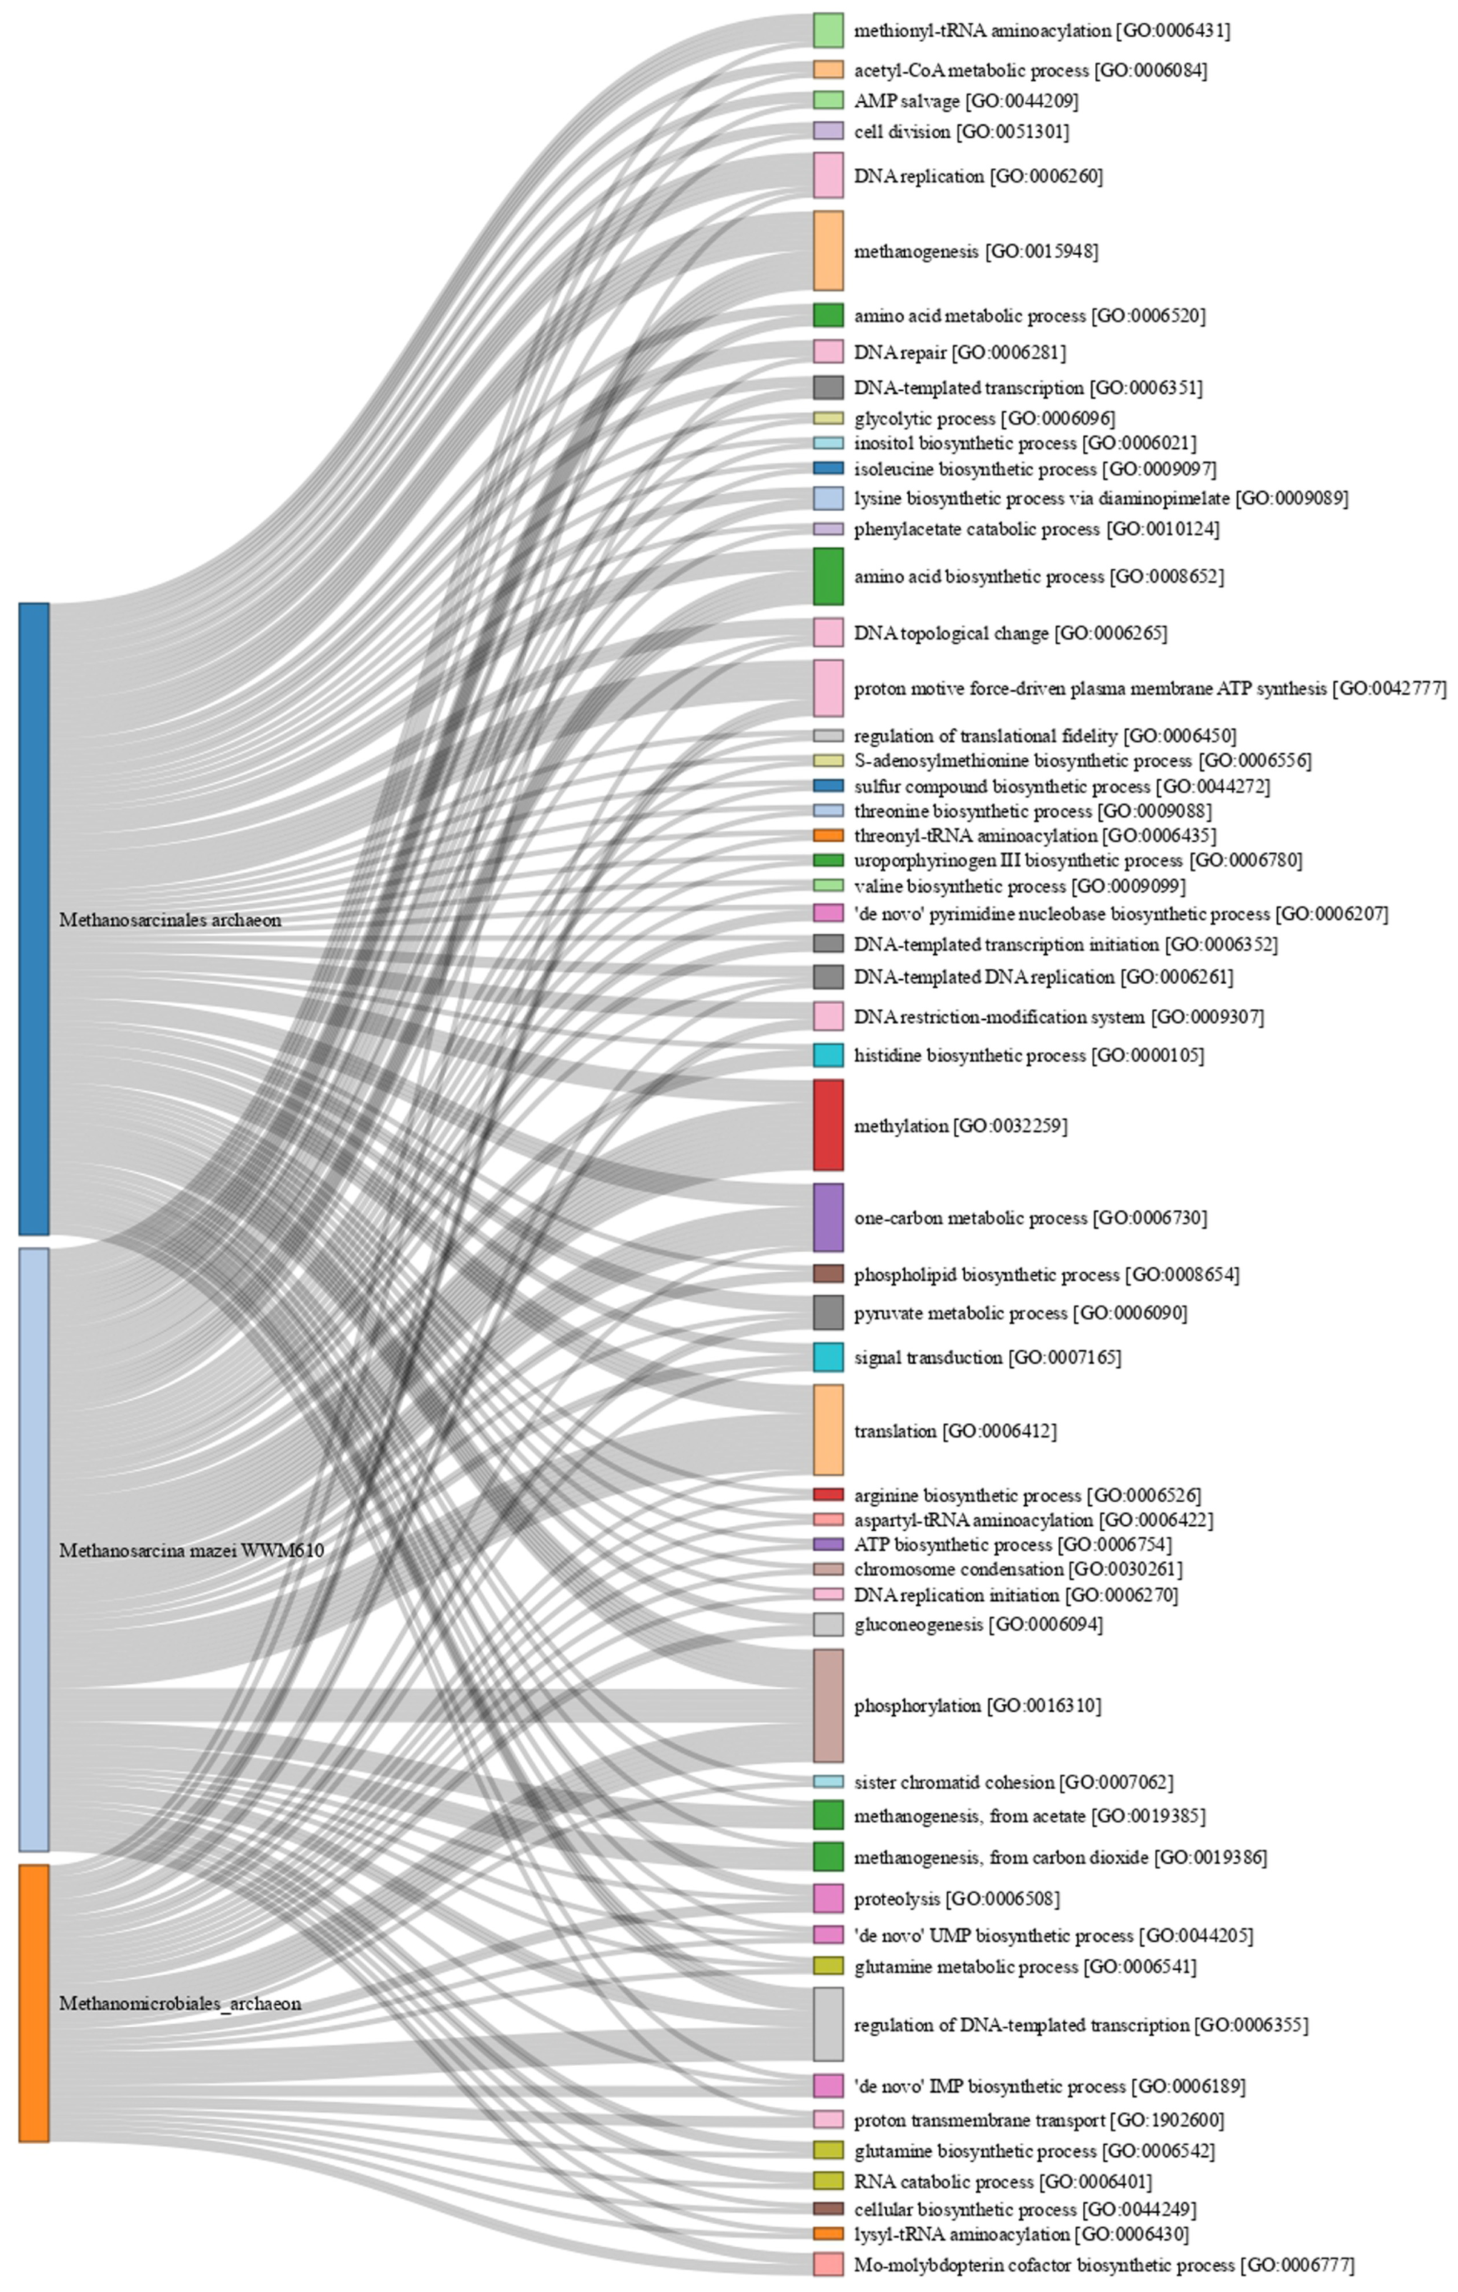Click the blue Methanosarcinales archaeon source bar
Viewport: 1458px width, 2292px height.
coord(34,918)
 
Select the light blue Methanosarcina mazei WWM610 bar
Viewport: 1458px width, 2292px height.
coord(34,1549)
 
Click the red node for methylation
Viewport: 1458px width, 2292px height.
coord(828,1124)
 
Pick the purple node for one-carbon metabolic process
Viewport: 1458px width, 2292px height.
coord(828,1216)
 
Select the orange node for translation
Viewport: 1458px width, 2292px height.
coord(828,1429)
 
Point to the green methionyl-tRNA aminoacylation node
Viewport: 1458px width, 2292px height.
coord(828,29)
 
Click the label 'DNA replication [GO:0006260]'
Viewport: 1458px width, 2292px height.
coord(978,176)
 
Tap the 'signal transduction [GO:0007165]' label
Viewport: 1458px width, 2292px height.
coord(987,1357)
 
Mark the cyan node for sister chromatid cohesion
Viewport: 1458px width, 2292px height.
coord(828,1782)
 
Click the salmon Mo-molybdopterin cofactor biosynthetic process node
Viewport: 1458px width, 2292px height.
coord(828,2263)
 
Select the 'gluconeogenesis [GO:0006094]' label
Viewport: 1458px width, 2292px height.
coord(978,1624)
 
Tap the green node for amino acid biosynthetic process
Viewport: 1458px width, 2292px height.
coord(828,576)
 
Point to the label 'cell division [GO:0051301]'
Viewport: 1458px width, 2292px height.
coord(961,132)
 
